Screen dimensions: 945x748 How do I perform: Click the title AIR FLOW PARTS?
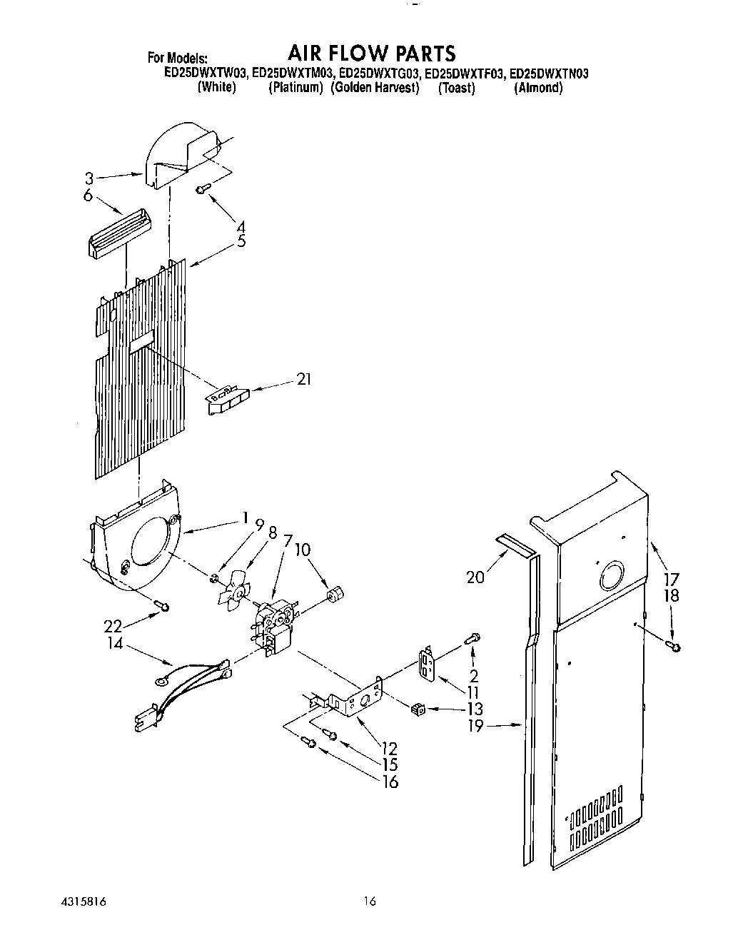point(371,53)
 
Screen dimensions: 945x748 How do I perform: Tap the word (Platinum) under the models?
point(295,89)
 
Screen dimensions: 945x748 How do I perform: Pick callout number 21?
point(303,380)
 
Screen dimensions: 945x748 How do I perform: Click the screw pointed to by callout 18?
point(674,647)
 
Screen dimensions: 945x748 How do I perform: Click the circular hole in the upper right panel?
point(611,575)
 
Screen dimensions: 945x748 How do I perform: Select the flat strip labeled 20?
point(516,545)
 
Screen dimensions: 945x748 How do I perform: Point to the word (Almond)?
point(539,89)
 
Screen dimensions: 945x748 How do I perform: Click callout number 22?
point(113,626)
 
